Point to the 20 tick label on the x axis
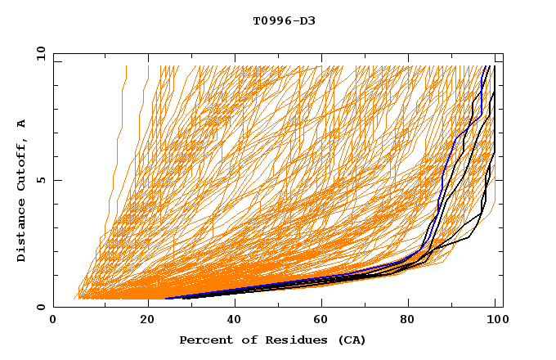pos(147,321)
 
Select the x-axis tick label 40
pos(235,321)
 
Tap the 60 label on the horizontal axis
pos(325,321)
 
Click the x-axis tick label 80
pos(413,321)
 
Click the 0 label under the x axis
pos(54,321)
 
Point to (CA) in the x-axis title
pos(349,340)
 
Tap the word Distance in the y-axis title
pos(22,229)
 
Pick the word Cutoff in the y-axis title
pos(22,161)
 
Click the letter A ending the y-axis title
pos(22,123)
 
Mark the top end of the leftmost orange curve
pos(126,65)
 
